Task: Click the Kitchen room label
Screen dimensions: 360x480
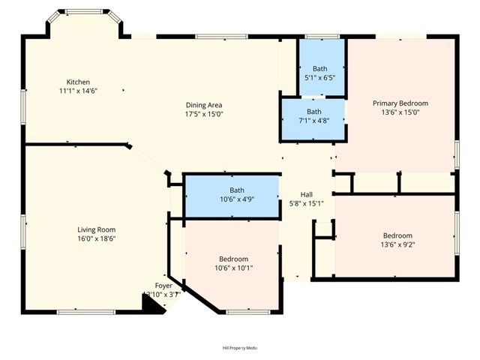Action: [x=78, y=82]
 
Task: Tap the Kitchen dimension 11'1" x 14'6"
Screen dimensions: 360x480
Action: [x=78, y=91]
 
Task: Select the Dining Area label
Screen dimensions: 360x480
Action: [x=204, y=105]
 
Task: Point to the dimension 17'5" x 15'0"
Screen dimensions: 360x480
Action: [x=204, y=114]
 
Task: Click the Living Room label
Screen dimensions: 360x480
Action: [x=96, y=229]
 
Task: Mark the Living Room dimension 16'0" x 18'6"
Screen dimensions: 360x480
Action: [x=96, y=238]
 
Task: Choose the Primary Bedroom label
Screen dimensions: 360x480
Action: [x=400, y=103]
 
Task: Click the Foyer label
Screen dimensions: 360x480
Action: [x=163, y=286]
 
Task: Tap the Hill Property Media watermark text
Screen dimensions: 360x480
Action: [x=239, y=348]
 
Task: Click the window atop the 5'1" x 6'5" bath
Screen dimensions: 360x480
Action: [x=316, y=36]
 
